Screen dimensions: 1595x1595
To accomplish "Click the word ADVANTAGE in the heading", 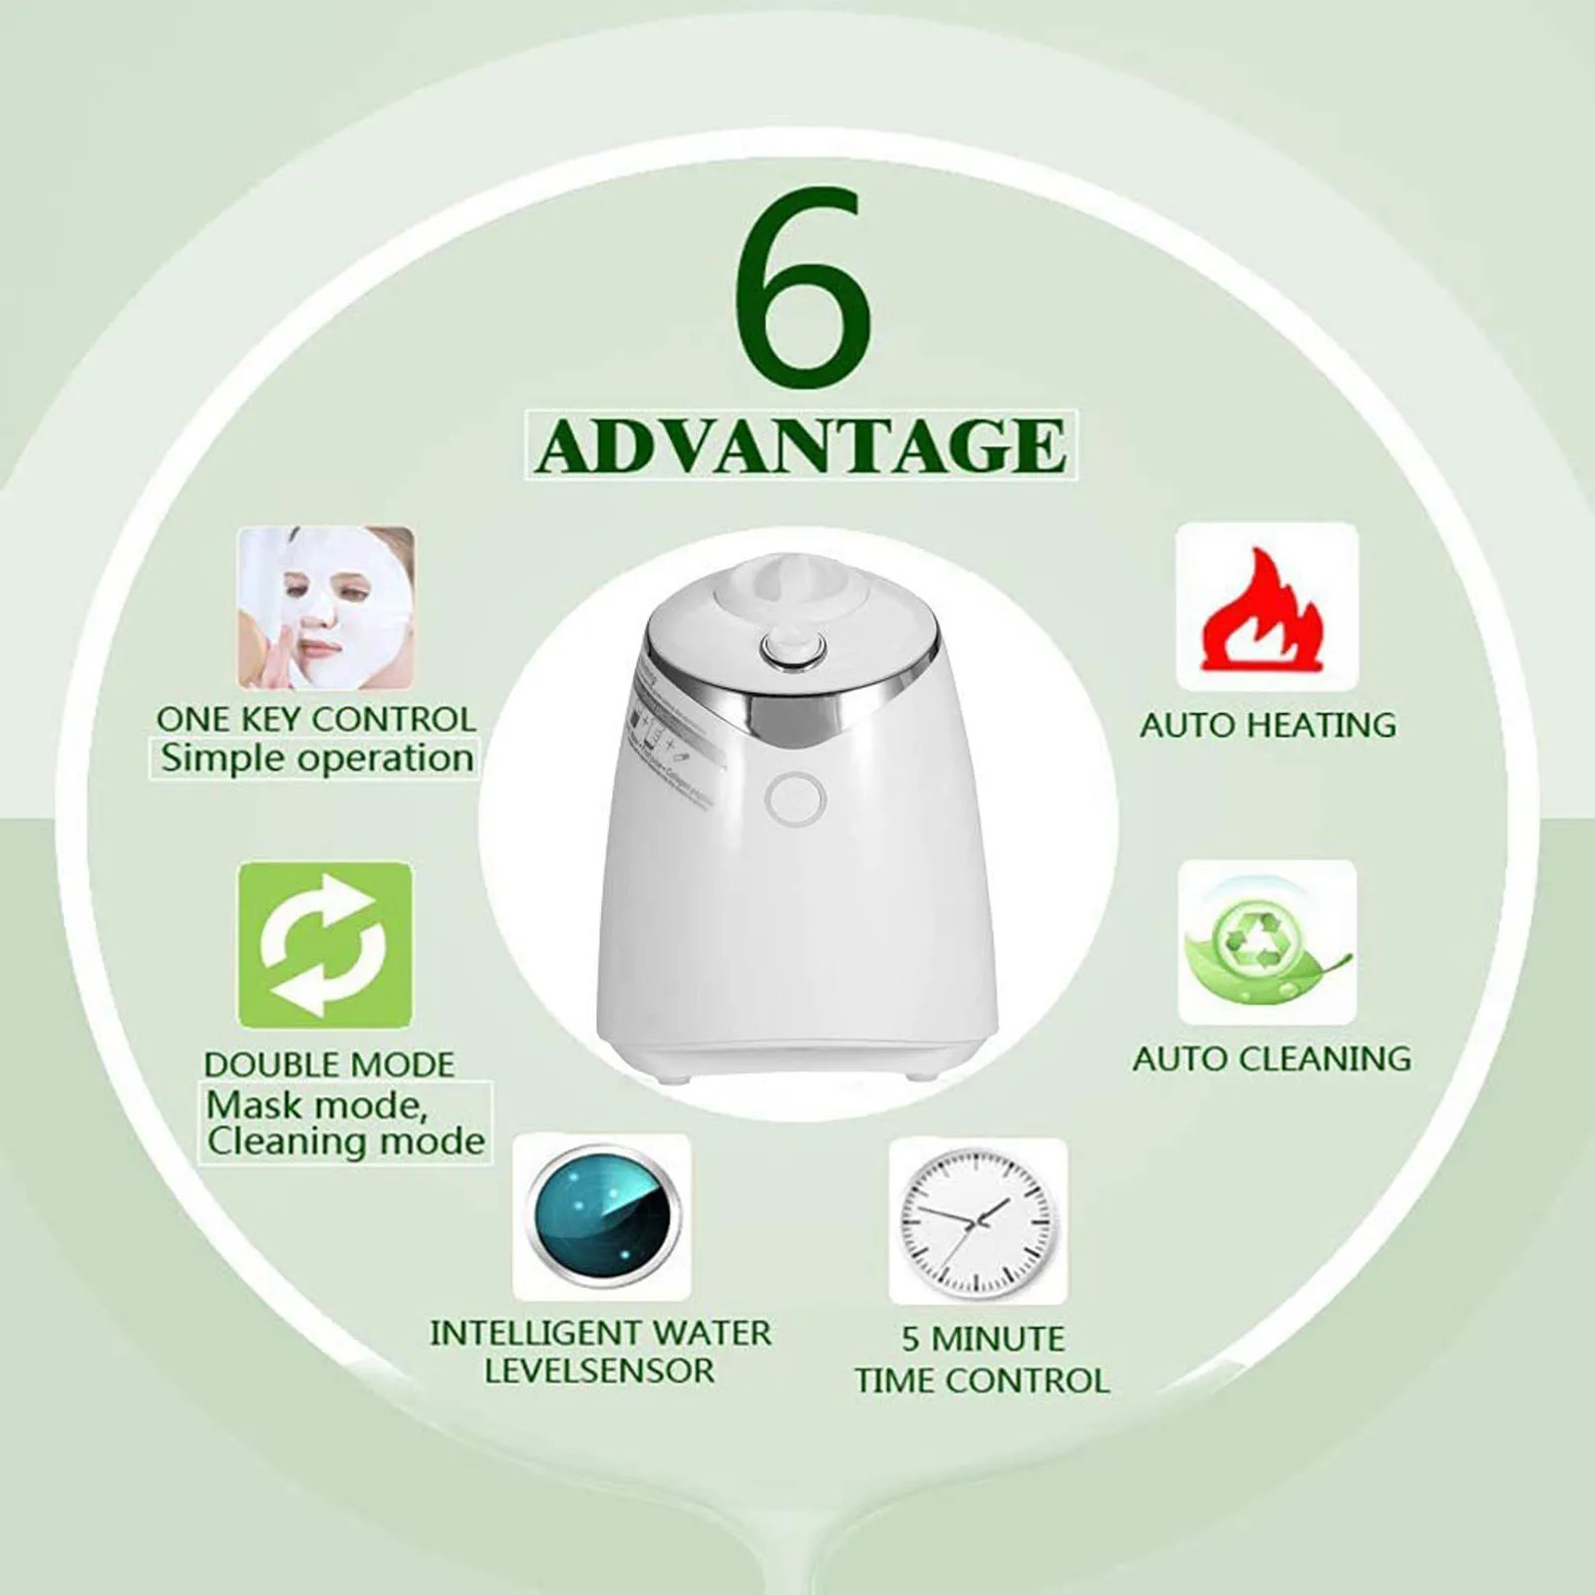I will click(x=800, y=446).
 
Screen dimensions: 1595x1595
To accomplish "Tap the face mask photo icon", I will click(x=326, y=607).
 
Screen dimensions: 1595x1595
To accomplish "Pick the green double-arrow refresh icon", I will click(x=325, y=944).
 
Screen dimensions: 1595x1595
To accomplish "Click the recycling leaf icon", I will click(x=1267, y=942).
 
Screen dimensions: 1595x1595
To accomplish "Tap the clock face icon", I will click(x=978, y=1220).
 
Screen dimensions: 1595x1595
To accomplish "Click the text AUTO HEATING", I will click(x=1268, y=725).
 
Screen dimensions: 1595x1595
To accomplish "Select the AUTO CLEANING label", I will click(x=1271, y=1058).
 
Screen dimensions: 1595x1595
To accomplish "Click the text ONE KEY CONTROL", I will click(x=316, y=719).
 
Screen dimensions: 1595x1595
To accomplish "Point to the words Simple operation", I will click(x=317, y=759).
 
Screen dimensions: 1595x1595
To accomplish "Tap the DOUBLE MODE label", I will click(x=329, y=1064).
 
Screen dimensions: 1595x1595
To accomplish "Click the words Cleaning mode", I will click(x=346, y=1140).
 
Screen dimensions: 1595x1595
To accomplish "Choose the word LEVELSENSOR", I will click(x=600, y=1370).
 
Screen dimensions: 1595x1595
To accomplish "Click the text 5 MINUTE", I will click(x=983, y=1338).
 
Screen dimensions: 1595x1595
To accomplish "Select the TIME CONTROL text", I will click(x=982, y=1381).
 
